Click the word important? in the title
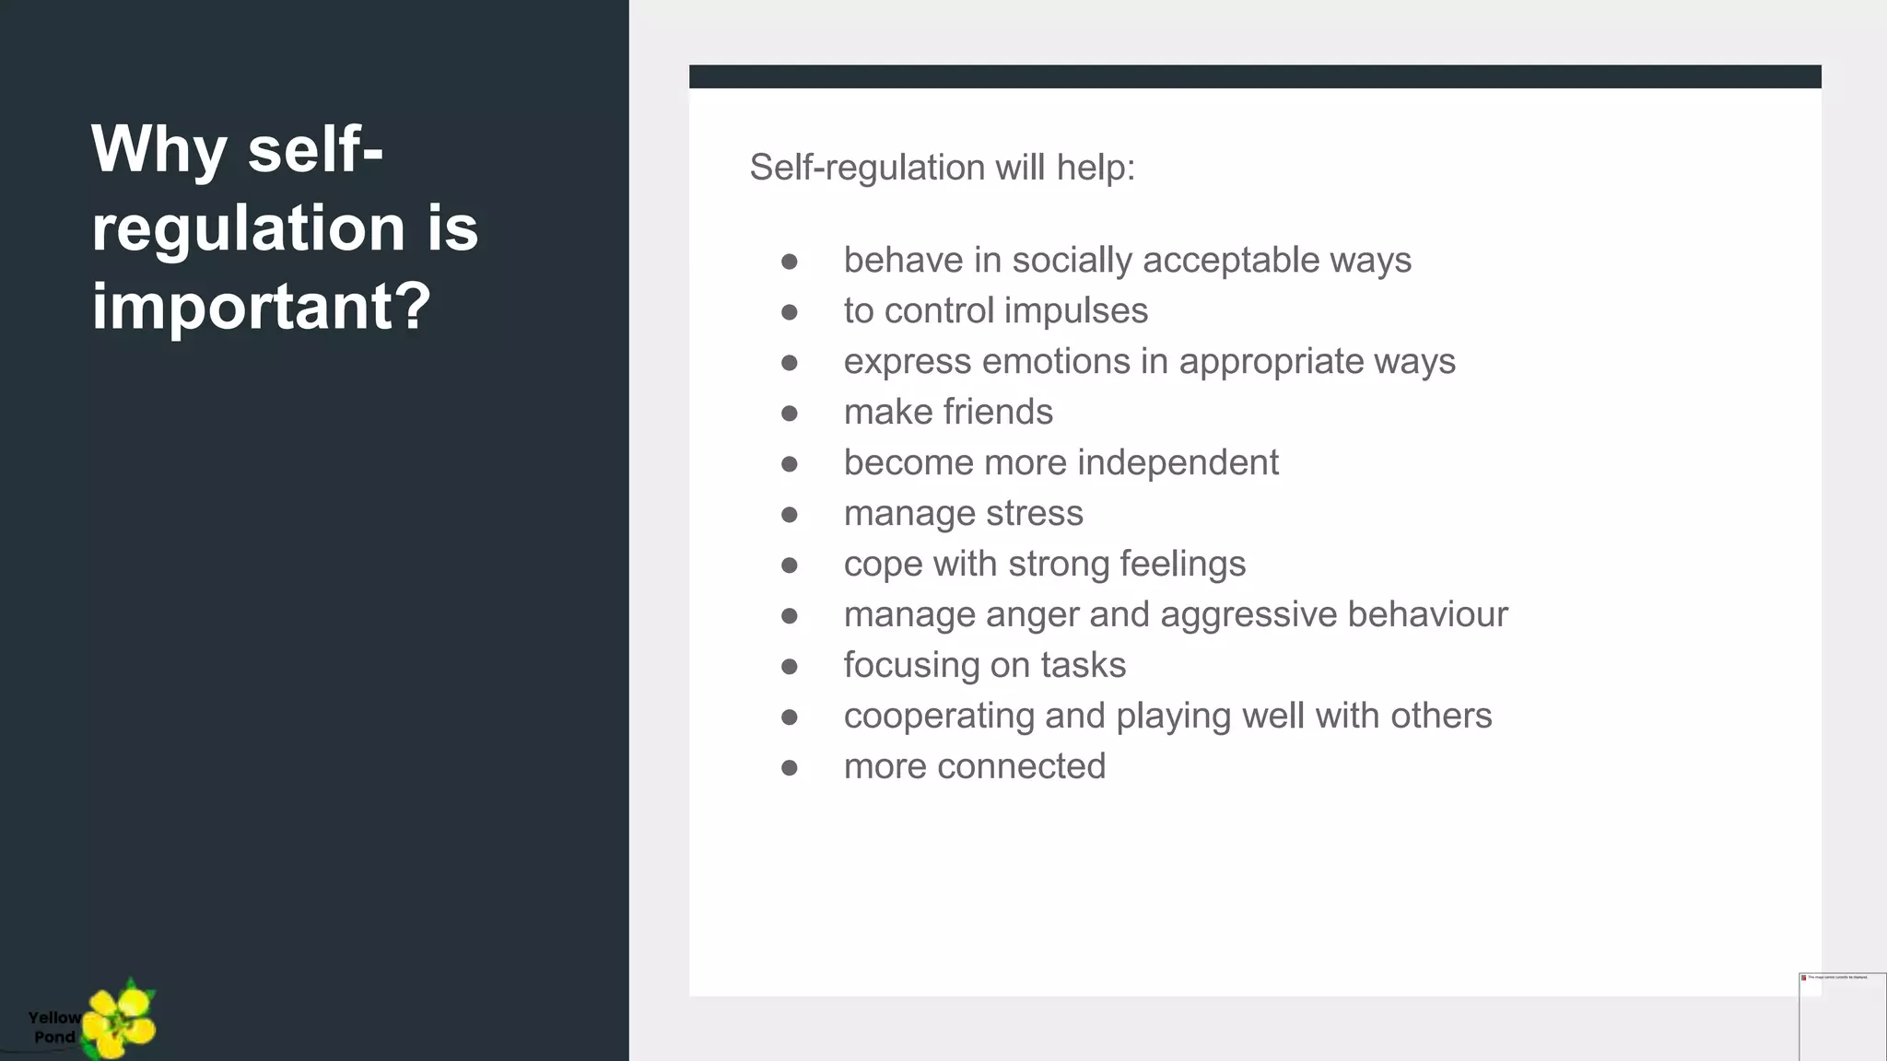click(x=261, y=307)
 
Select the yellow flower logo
click(x=119, y=1020)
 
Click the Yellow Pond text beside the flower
click(x=54, y=1027)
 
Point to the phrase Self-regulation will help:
click(x=942, y=168)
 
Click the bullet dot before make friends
click(x=789, y=414)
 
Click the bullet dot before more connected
click(x=789, y=768)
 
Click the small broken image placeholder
click(x=1842, y=1016)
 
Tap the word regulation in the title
click(x=248, y=228)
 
